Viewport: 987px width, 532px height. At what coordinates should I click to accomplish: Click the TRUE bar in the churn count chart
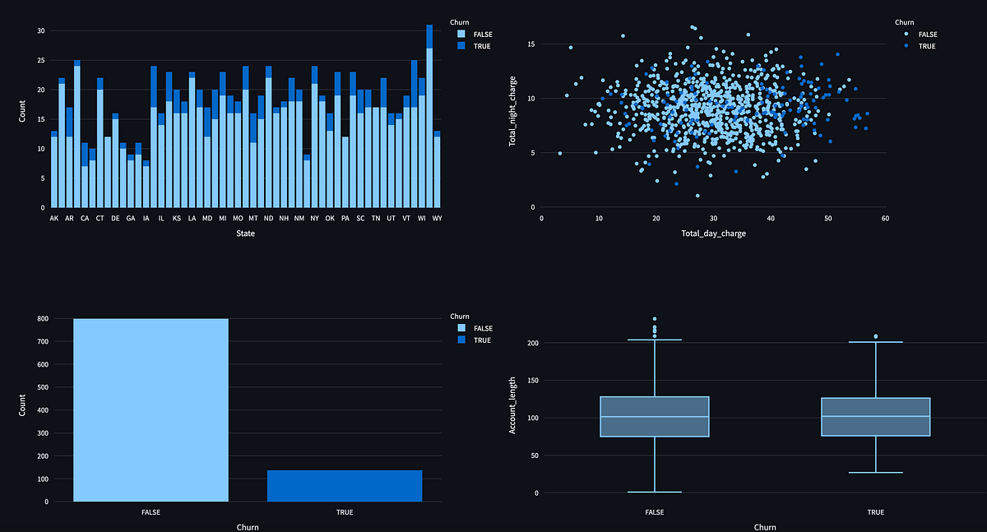[344, 486]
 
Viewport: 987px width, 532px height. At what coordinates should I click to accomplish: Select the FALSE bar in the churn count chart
[151, 411]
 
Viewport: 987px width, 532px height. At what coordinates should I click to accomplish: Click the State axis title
[244, 234]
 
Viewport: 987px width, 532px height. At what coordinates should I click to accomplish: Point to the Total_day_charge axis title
[713, 234]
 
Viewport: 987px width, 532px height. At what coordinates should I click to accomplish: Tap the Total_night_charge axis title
[512, 118]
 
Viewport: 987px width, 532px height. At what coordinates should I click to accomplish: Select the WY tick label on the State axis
[436, 219]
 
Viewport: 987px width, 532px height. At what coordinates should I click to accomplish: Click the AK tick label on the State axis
[54, 219]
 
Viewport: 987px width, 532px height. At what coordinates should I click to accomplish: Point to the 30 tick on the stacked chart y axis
[40, 31]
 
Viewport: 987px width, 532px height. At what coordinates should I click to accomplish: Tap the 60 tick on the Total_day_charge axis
[884, 219]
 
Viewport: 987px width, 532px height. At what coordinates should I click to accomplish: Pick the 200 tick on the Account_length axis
[533, 343]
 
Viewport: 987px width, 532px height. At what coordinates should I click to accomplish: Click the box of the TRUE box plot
[875, 417]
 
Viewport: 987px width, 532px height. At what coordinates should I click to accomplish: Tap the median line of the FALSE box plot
[655, 417]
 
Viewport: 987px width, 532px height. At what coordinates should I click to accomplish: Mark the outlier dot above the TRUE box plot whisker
[875, 336]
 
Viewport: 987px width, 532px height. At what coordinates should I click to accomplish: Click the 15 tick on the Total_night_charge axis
[532, 44]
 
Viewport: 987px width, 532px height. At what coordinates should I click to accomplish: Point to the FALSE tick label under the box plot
[655, 512]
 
